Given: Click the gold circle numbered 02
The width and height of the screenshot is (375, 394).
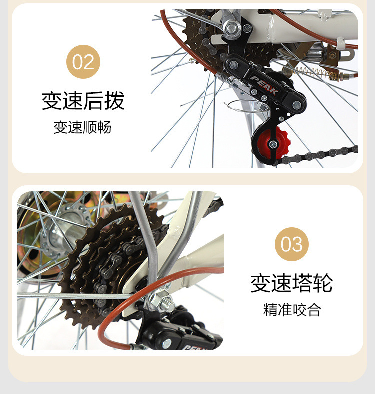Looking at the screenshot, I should (83, 62).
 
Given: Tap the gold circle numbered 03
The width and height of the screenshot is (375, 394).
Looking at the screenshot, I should (292, 244).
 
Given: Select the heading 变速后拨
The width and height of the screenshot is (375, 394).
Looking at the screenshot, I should (83, 101).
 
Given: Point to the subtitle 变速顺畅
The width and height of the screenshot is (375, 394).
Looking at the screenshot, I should (83, 128).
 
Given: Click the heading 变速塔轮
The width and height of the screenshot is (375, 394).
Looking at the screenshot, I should (292, 283).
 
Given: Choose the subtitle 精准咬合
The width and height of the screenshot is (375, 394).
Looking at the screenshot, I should (292, 310).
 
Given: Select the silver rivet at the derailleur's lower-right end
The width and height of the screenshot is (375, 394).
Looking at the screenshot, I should (297, 105).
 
